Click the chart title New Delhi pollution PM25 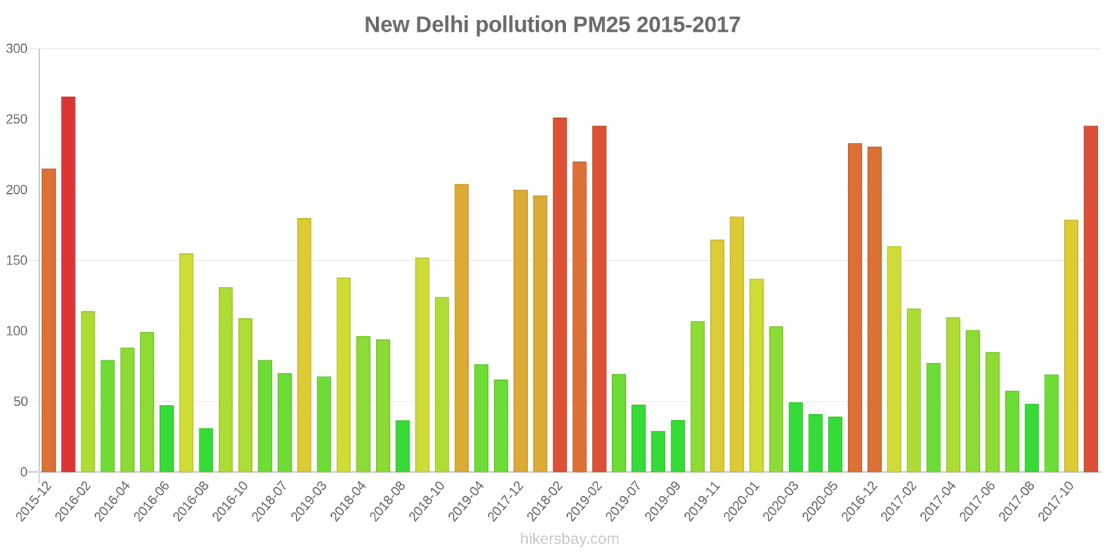[x=552, y=25]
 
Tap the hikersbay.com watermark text [x=569, y=539]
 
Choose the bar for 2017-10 [x=1071, y=346]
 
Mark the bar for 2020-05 [x=835, y=444]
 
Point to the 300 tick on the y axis [x=17, y=49]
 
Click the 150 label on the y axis [x=17, y=261]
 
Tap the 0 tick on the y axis [x=23, y=473]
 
